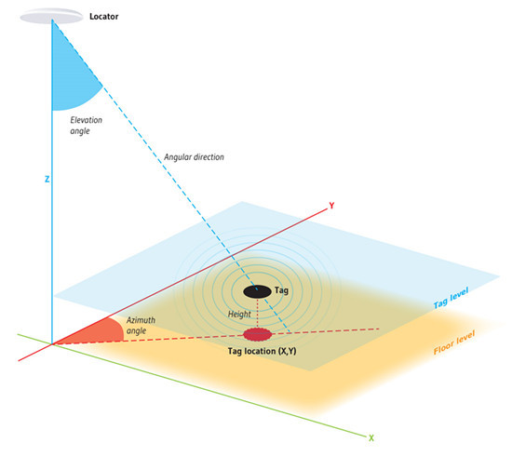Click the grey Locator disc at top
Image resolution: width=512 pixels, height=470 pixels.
click(x=51, y=17)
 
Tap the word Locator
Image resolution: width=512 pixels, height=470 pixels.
click(x=104, y=17)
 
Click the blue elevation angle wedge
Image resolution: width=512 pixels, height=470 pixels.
click(x=72, y=78)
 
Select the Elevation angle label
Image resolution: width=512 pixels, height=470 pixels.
click(x=87, y=126)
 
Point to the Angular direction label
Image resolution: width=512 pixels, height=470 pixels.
click(x=194, y=157)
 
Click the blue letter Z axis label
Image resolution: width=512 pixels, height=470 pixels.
click(x=47, y=179)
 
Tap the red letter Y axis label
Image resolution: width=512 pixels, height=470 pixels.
click(x=331, y=206)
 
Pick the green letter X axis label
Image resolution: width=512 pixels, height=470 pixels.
click(x=371, y=438)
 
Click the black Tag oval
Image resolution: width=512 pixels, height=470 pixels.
click(x=257, y=291)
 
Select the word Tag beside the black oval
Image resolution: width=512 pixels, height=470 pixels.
click(x=281, y=289)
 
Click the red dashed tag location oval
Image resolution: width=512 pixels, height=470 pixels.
click(x=257, y=334)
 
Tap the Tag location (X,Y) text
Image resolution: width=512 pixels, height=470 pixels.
click(x=262, y=351)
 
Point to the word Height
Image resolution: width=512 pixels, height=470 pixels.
click(x=239, y=314)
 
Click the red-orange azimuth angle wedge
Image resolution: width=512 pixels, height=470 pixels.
click(x=98, y=331)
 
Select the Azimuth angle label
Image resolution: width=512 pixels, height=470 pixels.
click(x=141, y=325)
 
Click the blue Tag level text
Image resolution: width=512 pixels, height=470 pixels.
click(x=451, y=298)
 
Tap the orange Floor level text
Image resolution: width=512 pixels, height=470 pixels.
click(x=454, y=342)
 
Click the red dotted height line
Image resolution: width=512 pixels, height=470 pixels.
click(x=257, y=313)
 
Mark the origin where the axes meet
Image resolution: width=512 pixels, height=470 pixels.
click(x=52, y=344)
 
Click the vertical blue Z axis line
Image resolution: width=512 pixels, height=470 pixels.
click(x=52, y=181)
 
